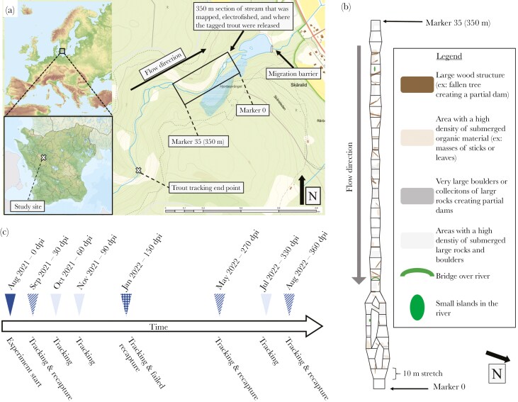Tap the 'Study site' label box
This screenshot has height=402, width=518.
click(x=30, y=206)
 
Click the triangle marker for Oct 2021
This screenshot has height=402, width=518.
click(x=57, y=303)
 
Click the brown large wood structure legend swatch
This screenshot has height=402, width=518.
click(x=414, y=86)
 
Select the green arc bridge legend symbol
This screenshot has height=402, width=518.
click(x=417, y=272)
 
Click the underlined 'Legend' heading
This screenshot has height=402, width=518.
click(x=451, y=56)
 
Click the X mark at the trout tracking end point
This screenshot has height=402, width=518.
click(x=138, y=171)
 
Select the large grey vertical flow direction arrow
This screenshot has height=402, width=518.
click(x=360, y=163)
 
